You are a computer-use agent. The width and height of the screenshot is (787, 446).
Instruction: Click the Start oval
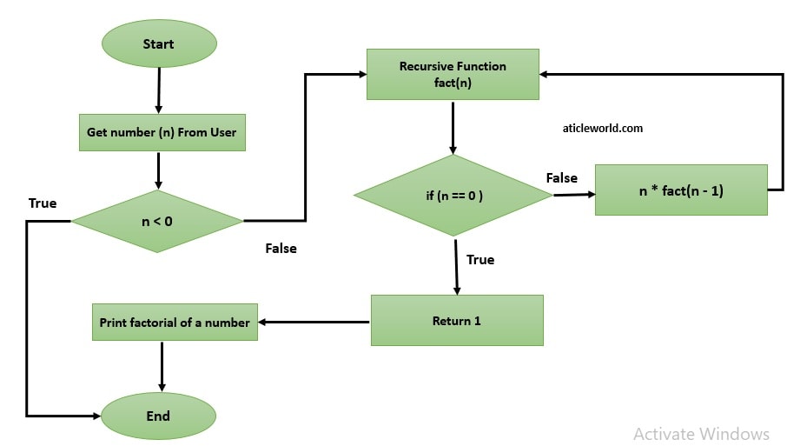pos(159,44)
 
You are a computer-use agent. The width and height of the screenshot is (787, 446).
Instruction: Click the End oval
pos(158,416)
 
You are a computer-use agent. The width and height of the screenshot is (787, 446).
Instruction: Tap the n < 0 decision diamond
pos(157,222)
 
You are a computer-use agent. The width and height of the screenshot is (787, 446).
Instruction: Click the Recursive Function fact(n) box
pos(453,74)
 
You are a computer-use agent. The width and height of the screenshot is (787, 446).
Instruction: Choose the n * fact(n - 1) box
pos(681,190)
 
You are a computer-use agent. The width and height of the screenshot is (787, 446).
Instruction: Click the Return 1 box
pos(457,321)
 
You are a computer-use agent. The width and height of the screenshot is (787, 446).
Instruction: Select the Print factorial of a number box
pos(175,323)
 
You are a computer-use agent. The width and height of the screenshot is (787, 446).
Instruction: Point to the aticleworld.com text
pos(603,128)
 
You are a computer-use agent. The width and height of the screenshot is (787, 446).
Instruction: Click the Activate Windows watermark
pos(701,433)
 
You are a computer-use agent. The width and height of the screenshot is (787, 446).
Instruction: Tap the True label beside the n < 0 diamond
pos(43,203)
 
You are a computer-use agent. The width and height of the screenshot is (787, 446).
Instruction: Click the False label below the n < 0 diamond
pos(281,249)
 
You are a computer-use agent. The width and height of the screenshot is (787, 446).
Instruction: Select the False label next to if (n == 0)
pos(561,177)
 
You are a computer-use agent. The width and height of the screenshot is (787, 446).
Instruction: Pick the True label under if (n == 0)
pos(480,259)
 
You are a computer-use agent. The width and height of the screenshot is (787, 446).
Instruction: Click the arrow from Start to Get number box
pos(158,91)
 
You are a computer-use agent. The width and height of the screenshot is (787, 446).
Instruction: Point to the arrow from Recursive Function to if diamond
pos(453,127)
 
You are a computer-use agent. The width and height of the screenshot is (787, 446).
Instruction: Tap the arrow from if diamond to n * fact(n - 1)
pos(572,194)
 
